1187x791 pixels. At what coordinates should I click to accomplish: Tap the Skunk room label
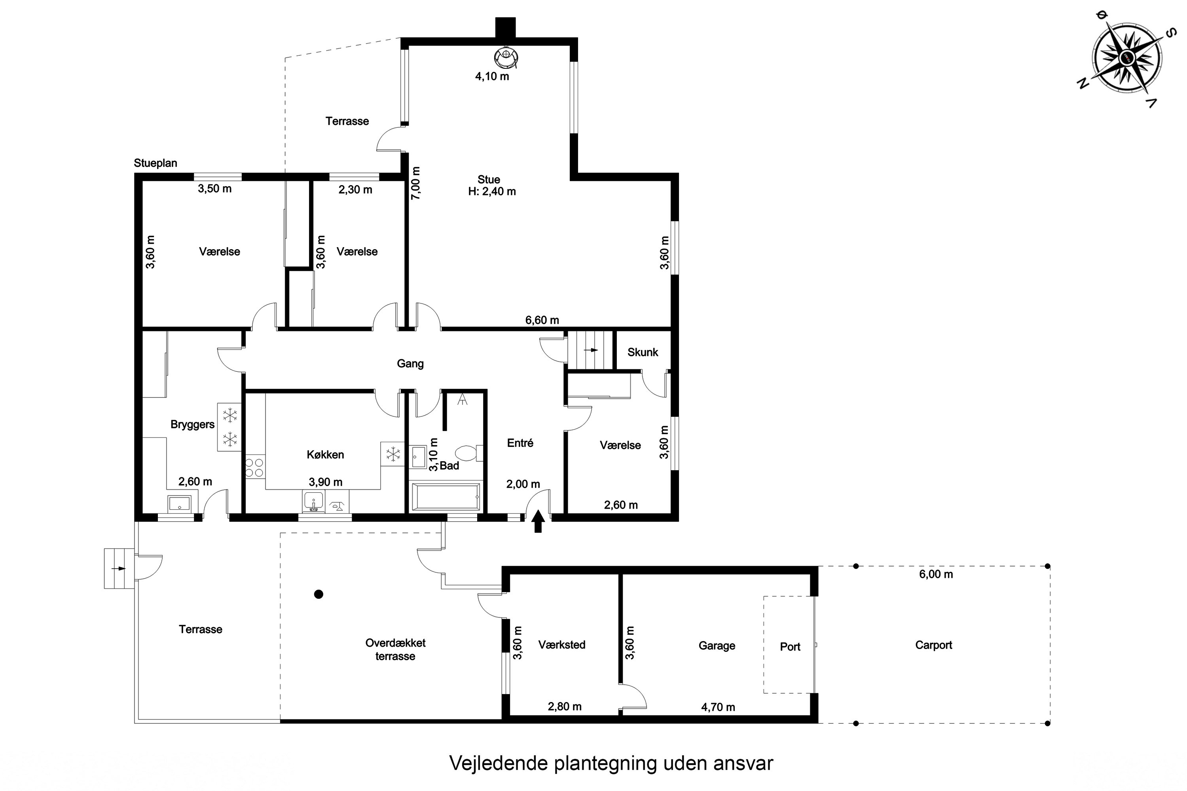click(643, 352)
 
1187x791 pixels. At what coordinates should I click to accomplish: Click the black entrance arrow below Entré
click(538, 521)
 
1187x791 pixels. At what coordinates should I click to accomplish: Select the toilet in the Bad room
click(469, 452)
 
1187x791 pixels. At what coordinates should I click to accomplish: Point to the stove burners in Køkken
click(254, 467)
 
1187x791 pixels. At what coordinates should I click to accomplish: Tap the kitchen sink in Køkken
click(313, 501)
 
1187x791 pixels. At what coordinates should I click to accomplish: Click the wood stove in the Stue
click(506, 57)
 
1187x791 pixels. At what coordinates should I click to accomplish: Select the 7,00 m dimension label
click(415, 183)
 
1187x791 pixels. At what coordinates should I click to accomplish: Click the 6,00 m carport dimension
click(936, 574)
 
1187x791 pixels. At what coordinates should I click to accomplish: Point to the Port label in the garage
click(790, 647)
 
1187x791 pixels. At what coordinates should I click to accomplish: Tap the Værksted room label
click(562, 645)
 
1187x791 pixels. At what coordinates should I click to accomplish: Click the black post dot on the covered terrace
click(319, 594)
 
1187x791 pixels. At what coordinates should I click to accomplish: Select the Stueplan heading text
click(155, 163)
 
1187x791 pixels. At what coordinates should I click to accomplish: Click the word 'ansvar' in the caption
click(743, 763)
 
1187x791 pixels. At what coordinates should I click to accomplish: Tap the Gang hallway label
click(410, 364)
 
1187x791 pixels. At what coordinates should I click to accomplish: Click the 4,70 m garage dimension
click(718, 707)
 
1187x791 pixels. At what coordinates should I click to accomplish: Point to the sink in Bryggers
click(179, 503)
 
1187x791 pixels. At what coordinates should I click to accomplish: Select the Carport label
click(934, 645)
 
